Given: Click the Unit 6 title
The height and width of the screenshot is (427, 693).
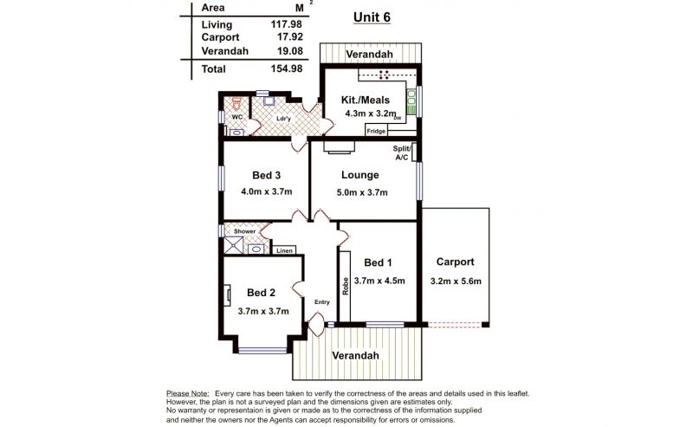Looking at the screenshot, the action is tap(372, 17).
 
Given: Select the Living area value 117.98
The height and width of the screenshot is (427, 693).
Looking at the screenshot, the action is tap(287, 25).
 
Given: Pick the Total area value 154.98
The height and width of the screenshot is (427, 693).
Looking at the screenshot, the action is tap(287, 69).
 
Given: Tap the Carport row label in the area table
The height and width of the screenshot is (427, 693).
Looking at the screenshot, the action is tap(220, 37).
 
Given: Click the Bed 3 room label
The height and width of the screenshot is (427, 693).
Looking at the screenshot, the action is tap(266, 176).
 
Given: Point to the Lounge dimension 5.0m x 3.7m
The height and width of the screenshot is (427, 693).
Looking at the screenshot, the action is tap(362, 193).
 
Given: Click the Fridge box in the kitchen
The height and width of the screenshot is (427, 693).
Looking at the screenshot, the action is tap(376, 131).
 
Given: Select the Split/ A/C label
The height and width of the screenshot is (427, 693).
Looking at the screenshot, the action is tap(402, 153).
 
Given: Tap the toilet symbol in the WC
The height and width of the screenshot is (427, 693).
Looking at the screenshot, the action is tap(236, 104).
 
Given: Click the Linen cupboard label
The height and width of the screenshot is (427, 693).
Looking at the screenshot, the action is tap(284, 250).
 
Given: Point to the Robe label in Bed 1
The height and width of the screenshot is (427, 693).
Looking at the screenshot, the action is tap(345, 286).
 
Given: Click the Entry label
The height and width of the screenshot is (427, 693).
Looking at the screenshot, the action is tap(321, 302).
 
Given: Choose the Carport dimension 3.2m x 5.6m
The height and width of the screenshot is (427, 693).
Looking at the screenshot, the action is tap(456, 281).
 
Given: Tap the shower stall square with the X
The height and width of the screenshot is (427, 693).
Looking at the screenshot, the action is tap(233, 246).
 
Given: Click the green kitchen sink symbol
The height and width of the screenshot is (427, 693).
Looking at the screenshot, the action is tap(411, 102).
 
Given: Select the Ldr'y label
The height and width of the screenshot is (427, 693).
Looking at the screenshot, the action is tap(283, 119).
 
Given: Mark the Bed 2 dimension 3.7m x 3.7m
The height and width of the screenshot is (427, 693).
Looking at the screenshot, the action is tap(263, 311).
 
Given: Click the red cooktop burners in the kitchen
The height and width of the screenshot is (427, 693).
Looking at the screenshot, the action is tap(384, 74).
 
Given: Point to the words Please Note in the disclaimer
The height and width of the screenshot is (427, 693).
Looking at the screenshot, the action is tap(187, 393).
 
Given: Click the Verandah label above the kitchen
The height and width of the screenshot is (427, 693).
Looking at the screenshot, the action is tap(370, 55).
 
